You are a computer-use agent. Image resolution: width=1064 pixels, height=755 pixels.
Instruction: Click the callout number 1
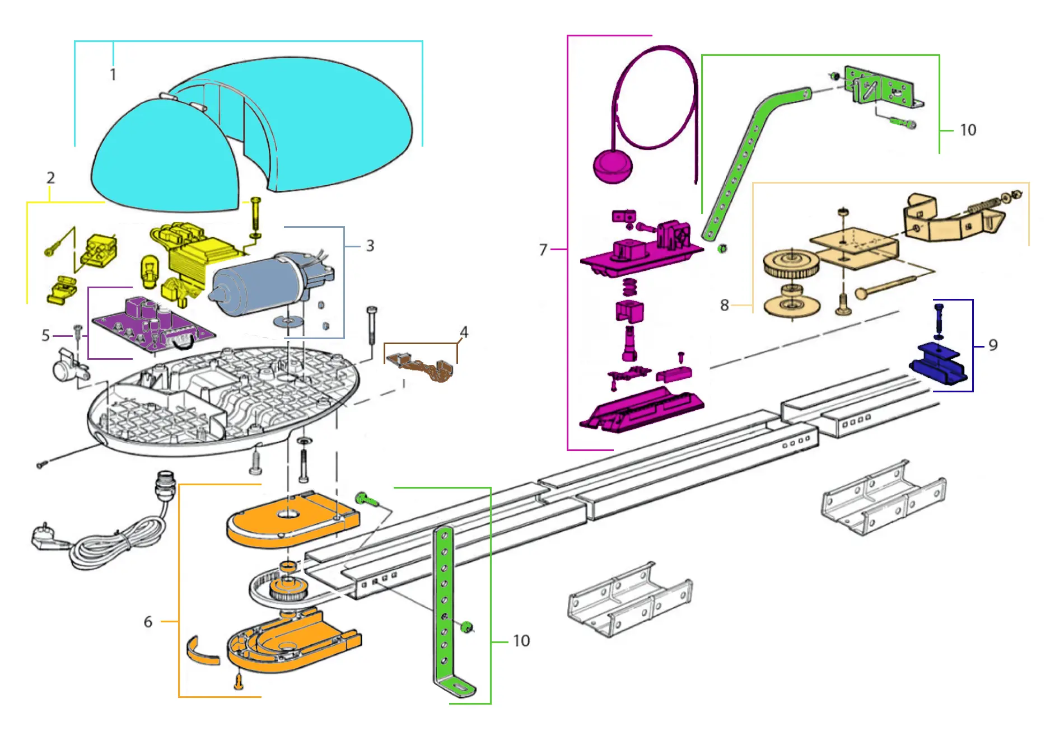[x=113, y=74]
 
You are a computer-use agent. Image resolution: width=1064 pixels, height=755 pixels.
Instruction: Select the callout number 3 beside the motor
[x=370, y=246]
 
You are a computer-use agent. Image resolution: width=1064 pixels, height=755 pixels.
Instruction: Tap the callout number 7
[x=543, y=250]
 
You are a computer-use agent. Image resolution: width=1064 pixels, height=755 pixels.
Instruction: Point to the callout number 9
[x=993, y=345]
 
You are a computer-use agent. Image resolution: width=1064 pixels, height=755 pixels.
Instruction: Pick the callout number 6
[x=148, y=622]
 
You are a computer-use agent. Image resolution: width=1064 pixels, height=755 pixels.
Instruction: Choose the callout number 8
[x=724, y=305]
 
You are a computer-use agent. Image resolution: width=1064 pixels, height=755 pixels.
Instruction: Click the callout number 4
[x=464, y=332]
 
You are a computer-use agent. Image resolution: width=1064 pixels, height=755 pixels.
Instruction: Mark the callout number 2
[x=50, y=178]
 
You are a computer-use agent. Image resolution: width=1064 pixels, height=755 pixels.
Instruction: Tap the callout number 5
[x=46, y=335]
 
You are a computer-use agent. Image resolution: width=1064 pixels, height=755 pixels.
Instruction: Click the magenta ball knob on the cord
[x=612, y=166]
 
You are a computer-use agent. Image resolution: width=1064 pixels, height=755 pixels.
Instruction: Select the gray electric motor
[x=263, y=285]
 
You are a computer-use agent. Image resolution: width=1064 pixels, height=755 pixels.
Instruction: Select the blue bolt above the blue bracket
[x=939, y=320]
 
